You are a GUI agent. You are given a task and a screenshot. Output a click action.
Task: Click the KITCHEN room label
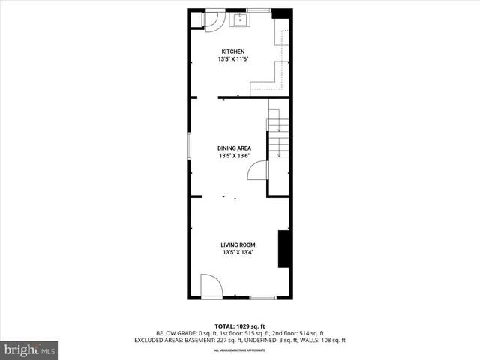tap(232, 52)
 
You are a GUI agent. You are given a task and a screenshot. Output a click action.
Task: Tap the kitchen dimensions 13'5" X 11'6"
tap(232, 59)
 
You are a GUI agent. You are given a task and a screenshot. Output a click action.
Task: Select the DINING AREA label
tap(235, 148)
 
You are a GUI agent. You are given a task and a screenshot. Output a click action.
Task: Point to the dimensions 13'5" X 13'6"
tap(235, 156)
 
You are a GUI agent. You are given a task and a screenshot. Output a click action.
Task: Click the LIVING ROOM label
tap(238, 245)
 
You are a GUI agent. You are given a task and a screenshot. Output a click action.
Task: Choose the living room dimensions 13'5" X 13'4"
tap(238, 253)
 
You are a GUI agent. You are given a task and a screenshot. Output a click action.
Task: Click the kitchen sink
tap(240, 20)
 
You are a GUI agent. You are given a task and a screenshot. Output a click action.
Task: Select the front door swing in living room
tap(211, 286)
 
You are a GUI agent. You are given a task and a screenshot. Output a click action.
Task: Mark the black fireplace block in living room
tap(284, 249)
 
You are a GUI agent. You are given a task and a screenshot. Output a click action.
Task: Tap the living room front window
tap(262, 298)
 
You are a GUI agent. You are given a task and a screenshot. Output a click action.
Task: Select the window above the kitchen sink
tap(258, 10)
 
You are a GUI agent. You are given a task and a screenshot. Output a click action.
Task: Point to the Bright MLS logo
tap(29, 349)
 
